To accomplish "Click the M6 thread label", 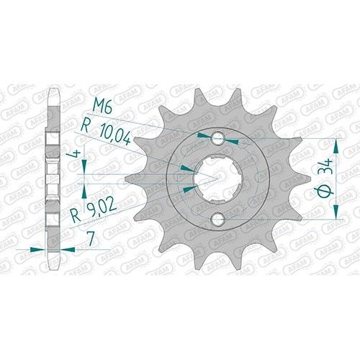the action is [x=102, y=107].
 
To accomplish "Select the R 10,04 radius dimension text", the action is [x=106, y=134].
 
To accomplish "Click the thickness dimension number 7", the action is [x=91, y=239].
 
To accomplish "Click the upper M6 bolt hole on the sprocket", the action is [x=217, y=138].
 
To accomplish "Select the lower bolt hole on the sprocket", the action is [x=217, y=219].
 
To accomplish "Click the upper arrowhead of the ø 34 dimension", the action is [x=336, y=145].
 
